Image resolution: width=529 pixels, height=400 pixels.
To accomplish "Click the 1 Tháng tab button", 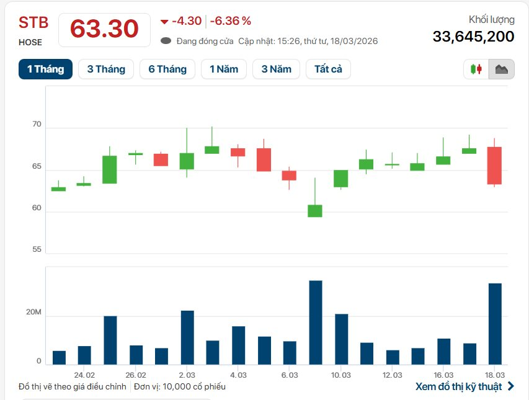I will (x=45, y=69).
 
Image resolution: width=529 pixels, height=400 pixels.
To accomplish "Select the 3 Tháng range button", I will (x=106, y=69).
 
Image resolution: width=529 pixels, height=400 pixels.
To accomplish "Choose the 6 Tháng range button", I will (x=167, y=69).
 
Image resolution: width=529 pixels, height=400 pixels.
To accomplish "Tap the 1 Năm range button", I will (x=224, y=69).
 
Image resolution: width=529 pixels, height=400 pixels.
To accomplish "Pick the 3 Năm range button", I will (x=276, y=69).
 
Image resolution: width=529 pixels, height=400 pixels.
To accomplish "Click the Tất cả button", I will (x=328, y=69).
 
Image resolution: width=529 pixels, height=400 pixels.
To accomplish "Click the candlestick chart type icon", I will (x=476, y=69).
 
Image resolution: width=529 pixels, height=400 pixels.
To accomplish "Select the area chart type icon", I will (x=501, y=69).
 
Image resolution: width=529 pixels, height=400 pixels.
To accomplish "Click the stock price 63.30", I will (x=104, y=29).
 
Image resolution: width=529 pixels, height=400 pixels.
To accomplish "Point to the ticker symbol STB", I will (x=33, y=23).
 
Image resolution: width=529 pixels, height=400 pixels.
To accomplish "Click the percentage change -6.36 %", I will (x=231, y=21).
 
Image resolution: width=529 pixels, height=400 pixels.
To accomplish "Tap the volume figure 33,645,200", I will (x=473, y=37).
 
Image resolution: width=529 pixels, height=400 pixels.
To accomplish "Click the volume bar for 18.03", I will (x=495, y=324).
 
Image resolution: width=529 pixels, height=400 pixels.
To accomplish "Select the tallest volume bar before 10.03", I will (x=315, y=322).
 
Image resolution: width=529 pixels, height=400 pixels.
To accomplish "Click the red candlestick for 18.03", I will (x=494, y=165).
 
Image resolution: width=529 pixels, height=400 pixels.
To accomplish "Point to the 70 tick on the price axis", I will (x=37, y=125).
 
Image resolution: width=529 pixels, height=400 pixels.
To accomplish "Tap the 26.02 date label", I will (x=136, y=375).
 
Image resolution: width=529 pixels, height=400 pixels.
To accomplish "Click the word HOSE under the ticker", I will (x=30, y=42).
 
